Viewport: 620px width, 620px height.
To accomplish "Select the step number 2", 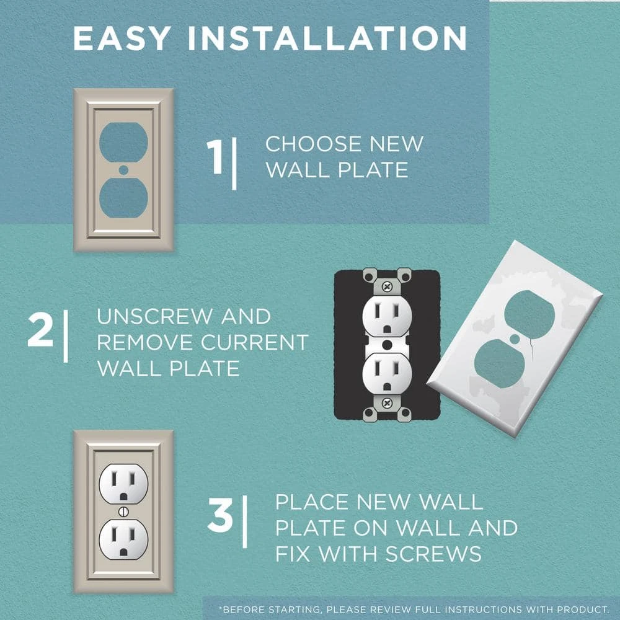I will point(40,332).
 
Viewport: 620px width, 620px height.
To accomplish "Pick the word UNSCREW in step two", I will point(154,316).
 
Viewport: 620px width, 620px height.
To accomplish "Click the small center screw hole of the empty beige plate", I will point(123,169).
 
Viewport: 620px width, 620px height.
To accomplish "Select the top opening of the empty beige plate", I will point(123,142).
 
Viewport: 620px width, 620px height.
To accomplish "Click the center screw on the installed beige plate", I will point(123,511).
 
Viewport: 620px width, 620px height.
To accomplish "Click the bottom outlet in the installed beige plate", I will point(123,539).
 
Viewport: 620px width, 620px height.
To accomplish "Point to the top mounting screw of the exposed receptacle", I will point(387,287).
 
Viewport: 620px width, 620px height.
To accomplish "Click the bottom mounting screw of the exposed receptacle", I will point(387,402).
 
